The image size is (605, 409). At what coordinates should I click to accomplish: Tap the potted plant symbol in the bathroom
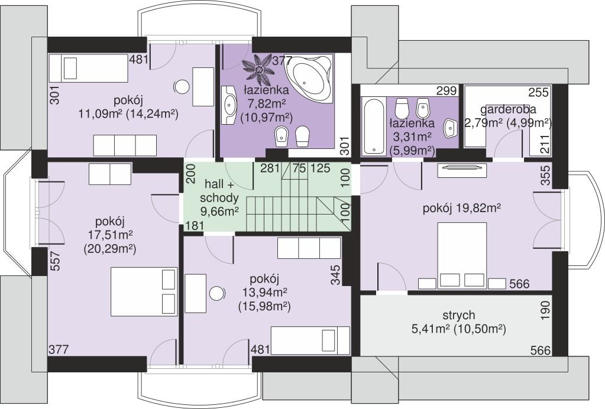[x=257, y=68]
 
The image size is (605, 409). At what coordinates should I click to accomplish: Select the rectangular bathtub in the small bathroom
[x=373, y=125]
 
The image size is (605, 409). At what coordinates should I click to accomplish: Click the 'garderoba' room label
[x=508, y=109]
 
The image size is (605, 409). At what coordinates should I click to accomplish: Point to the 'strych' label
[x=459, y=316]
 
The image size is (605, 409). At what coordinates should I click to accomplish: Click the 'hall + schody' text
[x=219, y=191]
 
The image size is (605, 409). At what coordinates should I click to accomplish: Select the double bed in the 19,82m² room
[x=462, y=255]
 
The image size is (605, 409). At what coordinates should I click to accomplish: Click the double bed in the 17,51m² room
[x=144, y=291]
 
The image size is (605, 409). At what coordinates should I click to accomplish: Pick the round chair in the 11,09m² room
[x=181, y=87]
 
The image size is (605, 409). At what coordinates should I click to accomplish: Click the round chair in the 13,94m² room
[x=217, y=294]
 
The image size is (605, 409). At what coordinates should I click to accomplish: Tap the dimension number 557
[x=56, y=261]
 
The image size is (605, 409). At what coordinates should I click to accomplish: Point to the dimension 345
[x=336, y=275]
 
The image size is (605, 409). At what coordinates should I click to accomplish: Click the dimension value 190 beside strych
[x=545, y=311]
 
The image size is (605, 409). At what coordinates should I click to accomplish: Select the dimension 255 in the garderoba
[x=538, y=92]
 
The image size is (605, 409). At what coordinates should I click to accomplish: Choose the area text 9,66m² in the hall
[x=219, y=211]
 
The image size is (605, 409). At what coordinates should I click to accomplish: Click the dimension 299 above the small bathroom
[x=447, y=91]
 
